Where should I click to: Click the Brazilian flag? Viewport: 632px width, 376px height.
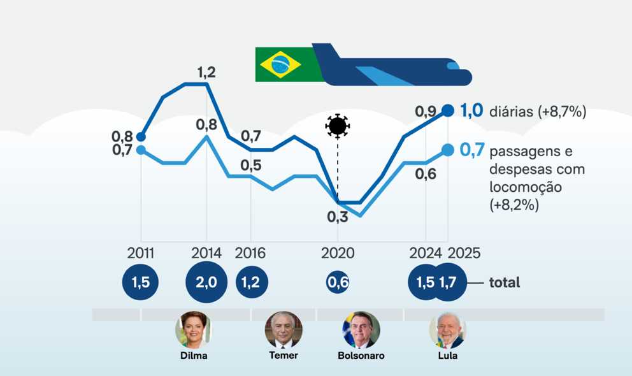[x=278, y=64]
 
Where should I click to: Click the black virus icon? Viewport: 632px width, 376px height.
[x=337, y=126]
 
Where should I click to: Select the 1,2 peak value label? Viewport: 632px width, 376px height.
[x=206, y=73]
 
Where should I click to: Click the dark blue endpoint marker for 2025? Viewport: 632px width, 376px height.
[x=448, y=110]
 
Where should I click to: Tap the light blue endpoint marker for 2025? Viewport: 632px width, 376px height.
[x=448, y=150]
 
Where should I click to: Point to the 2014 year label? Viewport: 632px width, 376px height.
[x=206, y=253]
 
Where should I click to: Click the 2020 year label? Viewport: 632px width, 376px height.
[x=338, y=253]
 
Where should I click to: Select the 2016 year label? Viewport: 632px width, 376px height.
[x=250, y=253]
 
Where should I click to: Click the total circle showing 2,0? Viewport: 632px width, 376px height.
[x=206, y=282]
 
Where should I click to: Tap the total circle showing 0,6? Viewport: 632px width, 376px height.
[x=338, y=282]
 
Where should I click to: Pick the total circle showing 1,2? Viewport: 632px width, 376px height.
[x=252, y=282]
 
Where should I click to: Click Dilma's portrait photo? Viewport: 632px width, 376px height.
[x=193, y=329]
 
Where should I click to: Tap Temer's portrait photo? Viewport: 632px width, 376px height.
[x=283, y=329]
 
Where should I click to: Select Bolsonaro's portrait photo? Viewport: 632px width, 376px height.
[x=361, y=329]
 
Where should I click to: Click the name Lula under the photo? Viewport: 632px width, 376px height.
[x=447, y=356]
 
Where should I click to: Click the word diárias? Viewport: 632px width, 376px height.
[x=512, y=112]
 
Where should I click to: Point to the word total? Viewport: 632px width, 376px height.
[x=505, y=282]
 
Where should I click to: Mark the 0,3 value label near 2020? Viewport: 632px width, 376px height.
[x=338, y=217]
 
